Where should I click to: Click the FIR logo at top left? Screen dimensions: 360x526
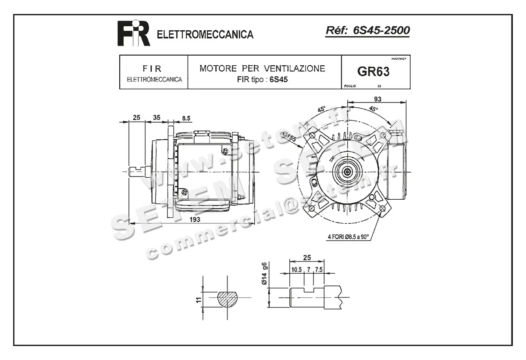[x=133, y=33]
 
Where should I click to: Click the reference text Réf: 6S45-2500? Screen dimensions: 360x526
[x=368, y=31]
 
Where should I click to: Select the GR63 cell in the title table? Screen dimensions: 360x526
[x=373, y=72]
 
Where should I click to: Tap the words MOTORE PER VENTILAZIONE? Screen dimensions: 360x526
[x=262, y=68]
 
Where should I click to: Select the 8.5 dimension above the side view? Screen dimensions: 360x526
[x=186, y=118]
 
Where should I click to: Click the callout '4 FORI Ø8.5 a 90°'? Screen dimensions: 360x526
[x=348, y=237]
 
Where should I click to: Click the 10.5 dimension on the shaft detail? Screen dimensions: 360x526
[x=297, y=270]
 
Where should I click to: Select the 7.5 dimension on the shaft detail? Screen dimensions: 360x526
[x=318, y=270]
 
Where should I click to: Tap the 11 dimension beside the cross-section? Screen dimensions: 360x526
[x=199, y=300]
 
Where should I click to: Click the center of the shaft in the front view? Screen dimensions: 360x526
[x=348, y=171]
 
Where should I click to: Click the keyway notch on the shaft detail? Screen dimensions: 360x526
[x=310, y=289]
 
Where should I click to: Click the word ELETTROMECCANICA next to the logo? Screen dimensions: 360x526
[x=205, y=35]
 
